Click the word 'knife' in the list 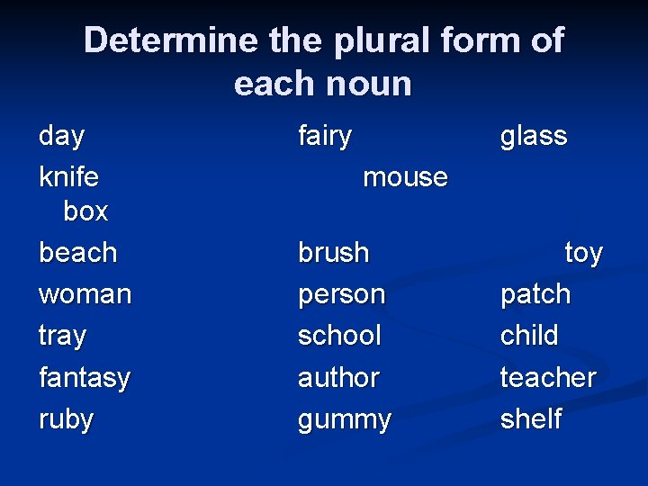pos(69,176)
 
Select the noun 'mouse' pos(405,176)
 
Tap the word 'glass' pos(534,136)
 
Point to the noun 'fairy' pos(325,136)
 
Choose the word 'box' pos(85,211)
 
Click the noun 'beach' pos(78,253)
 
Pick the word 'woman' pos(85,294)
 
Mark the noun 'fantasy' pos(85,378)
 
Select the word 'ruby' pos(67,419)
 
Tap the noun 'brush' pos(334,253)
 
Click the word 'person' pos(342,294)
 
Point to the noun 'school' pos(340,336)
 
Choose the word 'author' pos(339,377)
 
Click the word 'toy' pos(583,254)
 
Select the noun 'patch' pos(535,294)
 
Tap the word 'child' pos(529,336)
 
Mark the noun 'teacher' pos(548,377)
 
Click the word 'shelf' pos(531,418)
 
